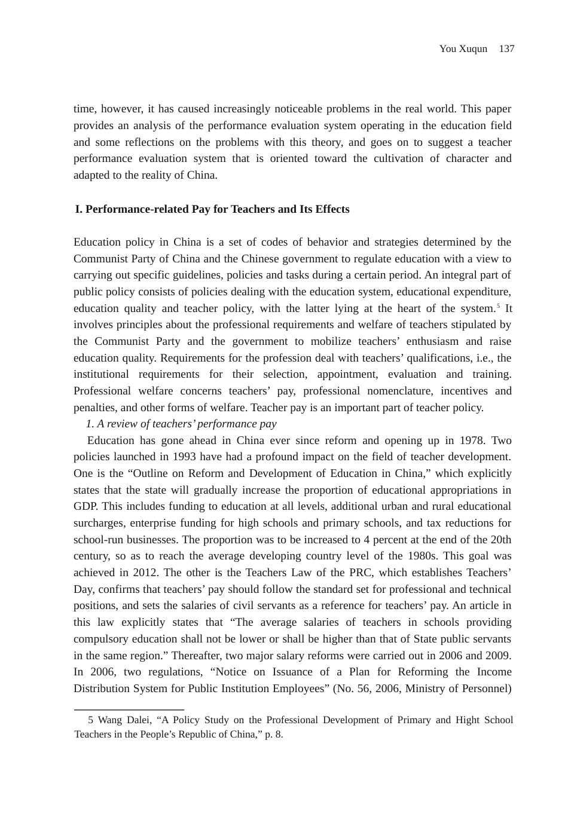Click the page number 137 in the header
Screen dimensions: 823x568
pyautogui.click(x=506, y=49)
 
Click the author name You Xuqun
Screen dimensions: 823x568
pyautogui.click(x=463, y=49)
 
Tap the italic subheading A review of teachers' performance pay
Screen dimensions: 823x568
pyautogui.click(x=181, y=424)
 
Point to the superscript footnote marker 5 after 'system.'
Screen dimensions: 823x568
pyautogui.click(x=499, y=306)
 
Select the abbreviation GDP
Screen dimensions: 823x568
pyautogui.click(x=85, y=506)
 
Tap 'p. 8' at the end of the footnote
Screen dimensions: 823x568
pyautogui.click(x=273, y=735)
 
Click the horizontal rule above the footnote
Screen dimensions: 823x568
pyautogui.click(x=129, y=709)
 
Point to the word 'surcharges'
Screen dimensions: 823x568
pyautogui.click(x=97, y=523)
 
